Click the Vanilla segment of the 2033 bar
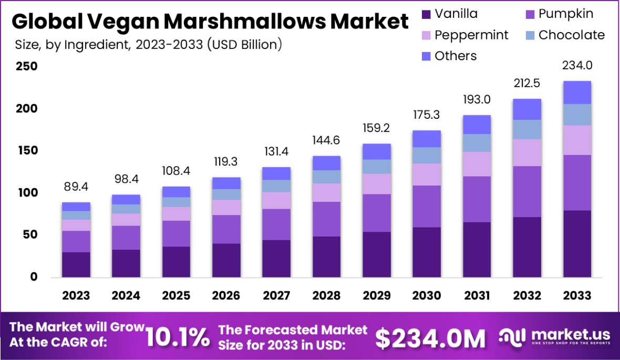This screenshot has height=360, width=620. tap(577, 243)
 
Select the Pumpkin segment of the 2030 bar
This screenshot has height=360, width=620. tap(427, 206)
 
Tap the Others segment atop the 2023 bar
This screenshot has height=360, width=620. tap(76, 207)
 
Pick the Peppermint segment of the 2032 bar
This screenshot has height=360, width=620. tap(527, 152)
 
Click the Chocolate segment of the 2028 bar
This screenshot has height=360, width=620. tap(326, 177)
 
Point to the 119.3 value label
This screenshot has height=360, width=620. tap(226, 162)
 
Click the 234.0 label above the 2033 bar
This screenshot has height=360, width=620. tap(577, 66)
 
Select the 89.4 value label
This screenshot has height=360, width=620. tap(76, 187)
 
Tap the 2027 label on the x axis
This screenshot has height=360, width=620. tap(276, 295)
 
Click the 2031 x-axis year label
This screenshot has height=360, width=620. tap(477, 295)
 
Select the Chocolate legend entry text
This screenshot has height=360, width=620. tap(572, 35)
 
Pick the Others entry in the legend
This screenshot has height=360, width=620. tap(456, 56)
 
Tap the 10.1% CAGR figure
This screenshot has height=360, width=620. tap(177, 337)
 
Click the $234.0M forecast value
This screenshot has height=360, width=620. tap(430, 339)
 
